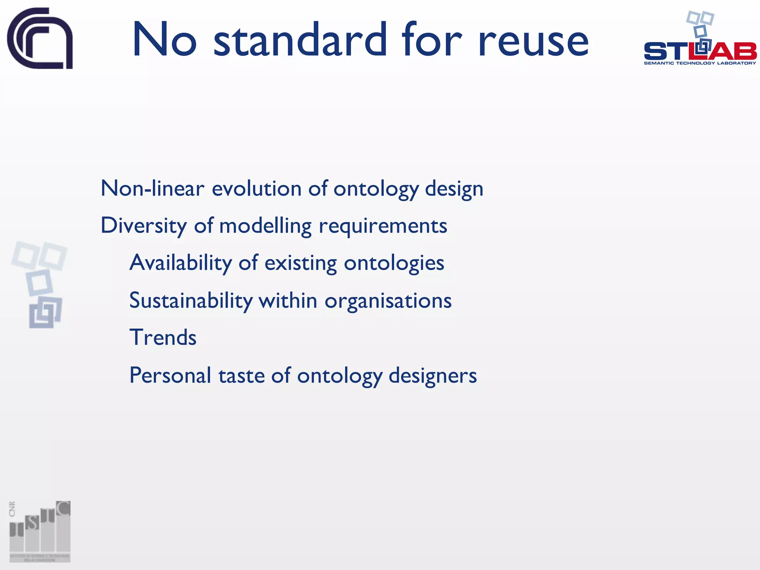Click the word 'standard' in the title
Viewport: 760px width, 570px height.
[300, 40]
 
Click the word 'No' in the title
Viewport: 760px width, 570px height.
[164, 40]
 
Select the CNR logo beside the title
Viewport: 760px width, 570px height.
[40, 38]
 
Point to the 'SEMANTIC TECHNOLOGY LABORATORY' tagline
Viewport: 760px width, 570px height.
[700, 63]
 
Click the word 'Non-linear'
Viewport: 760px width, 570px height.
[152, 188]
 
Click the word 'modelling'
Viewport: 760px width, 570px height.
[265, 225]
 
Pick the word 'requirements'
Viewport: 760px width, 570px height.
[383, 226]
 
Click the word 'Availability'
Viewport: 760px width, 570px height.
[180, 263]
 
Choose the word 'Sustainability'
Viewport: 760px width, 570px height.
[191, 300]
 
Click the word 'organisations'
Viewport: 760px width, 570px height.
[388, 301]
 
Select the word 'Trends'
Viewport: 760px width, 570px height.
[163, 337]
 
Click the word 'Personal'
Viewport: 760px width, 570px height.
[170, 375]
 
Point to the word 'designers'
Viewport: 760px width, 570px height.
[432, 376]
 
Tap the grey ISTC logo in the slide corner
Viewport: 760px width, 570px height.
[40, 531]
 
